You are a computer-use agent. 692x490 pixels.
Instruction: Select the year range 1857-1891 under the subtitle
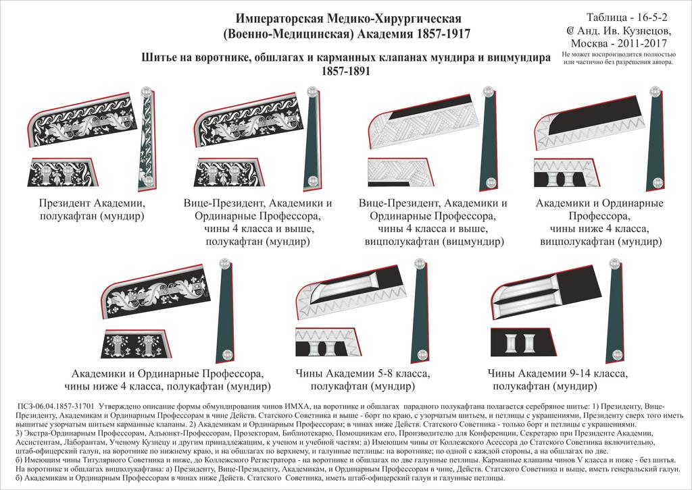coord(346,71)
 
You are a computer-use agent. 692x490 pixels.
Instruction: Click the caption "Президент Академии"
coord(93,203)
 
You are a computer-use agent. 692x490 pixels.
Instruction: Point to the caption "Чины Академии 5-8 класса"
coord(363,373)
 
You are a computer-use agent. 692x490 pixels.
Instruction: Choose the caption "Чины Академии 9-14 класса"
coord(558,373)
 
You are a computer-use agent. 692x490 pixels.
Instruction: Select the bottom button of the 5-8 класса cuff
coord(422,354)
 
